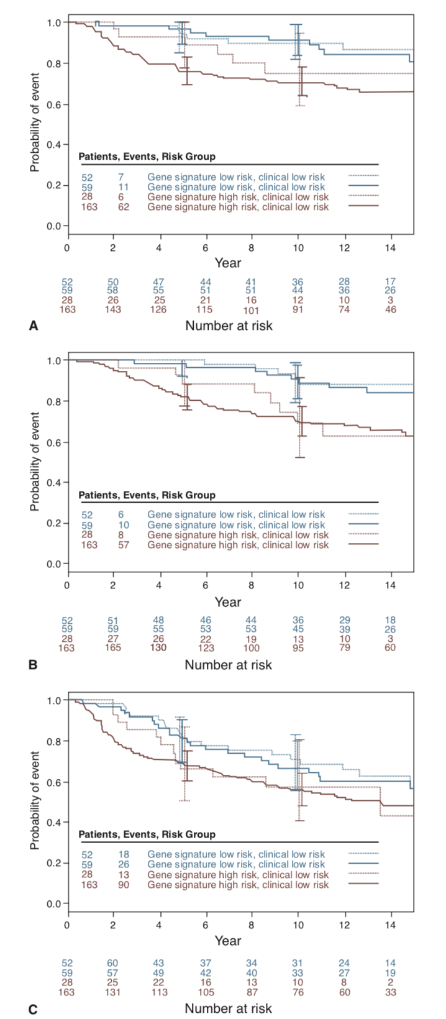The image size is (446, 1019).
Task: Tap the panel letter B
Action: point(34,664)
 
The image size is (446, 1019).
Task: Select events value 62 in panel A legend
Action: point(124,206)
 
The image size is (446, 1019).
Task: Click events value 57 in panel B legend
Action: point(124,545)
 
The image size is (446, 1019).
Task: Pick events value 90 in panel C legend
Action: point(124,884)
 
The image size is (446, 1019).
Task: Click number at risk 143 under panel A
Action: point(112,309)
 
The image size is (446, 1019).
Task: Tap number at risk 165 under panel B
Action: point(112,647)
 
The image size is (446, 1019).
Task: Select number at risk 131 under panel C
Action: point(112,992)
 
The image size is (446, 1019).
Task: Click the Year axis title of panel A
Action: point(228,263)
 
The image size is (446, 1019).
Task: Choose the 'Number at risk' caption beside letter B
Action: point(228,664)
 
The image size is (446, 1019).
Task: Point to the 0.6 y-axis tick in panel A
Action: point(54,104)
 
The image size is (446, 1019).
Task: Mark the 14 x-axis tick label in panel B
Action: point(391,585)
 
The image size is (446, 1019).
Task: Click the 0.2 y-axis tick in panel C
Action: point(54,863)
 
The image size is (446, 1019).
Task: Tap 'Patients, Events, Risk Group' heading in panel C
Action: point(147,834)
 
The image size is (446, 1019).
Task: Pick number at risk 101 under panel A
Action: point(252,309)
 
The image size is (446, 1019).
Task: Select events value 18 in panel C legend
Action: point(124,854)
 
